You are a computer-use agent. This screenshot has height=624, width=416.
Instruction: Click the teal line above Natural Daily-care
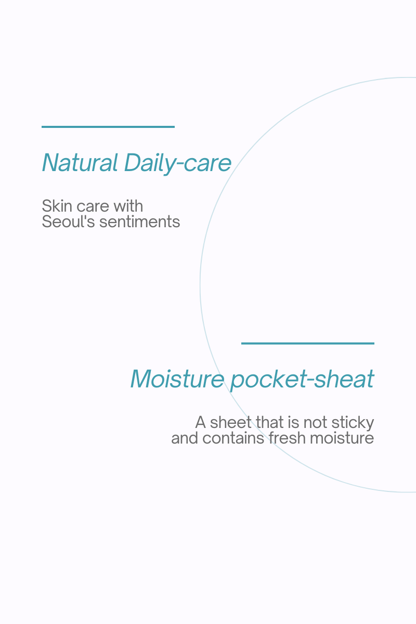point(108,127)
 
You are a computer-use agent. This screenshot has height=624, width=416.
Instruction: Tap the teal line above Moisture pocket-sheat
point(308,344)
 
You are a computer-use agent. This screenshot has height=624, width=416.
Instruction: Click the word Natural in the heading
point(80,163)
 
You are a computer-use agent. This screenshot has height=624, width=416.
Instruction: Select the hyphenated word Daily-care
point(178,164)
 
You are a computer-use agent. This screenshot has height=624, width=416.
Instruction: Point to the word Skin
point(57,206)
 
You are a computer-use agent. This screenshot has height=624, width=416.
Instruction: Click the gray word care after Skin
point(93,206)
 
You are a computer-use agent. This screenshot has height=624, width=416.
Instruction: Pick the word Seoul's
point(68,222)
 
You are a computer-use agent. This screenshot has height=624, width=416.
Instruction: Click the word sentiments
point(139,222)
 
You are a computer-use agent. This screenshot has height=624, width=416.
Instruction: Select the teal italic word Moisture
point(177,379)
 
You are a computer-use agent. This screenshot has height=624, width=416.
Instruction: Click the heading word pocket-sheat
point(302,380)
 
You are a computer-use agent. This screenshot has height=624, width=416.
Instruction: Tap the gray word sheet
point(231,422)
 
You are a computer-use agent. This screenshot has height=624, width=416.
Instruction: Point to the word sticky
point(353,423)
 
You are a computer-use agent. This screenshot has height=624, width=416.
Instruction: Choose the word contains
point(233,438)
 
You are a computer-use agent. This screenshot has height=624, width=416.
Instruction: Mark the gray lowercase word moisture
point(342,438)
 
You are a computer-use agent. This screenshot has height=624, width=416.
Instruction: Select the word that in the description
point(269,422)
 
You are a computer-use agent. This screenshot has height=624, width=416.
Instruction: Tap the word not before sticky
point(315,423)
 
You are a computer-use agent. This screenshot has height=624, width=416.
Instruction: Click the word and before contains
point(185,438)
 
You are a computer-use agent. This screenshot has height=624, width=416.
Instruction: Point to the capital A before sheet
point(201,422)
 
